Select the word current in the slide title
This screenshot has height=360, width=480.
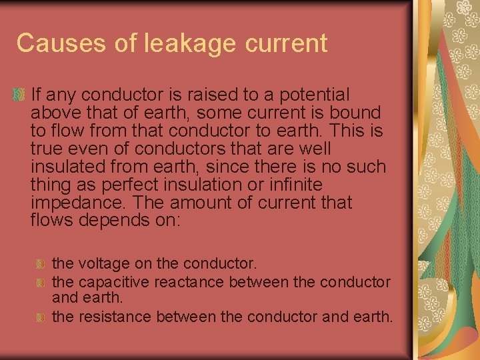[x=287, y=43]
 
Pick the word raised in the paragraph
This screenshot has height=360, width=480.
[x=201, y=95]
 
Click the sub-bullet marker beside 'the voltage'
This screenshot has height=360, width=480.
[x=41, y=265]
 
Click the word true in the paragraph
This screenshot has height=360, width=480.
[x=48, y=148]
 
